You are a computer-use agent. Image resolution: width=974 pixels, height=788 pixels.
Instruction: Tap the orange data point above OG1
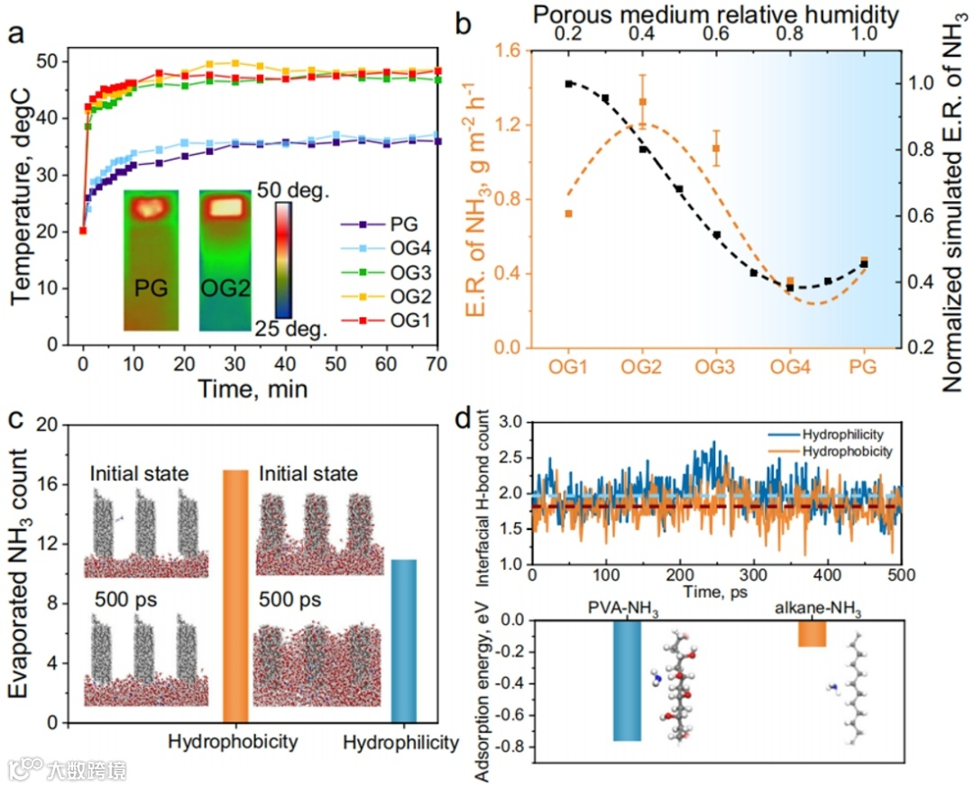(568, 214)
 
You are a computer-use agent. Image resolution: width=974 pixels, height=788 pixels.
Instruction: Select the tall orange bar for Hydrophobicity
(235, 596)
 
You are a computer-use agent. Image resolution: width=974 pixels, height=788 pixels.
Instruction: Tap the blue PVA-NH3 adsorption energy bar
(627, 681)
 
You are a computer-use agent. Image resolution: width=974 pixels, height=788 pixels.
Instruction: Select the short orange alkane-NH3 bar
(812, 634)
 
